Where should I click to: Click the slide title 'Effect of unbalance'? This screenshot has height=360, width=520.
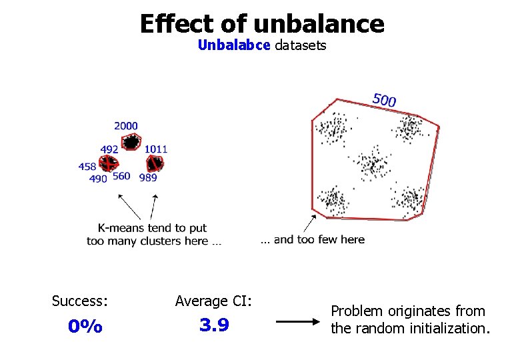pyautogui.click(x=262, y=24)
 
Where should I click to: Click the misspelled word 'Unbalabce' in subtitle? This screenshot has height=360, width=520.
pyautogui.click(x=233, y=45)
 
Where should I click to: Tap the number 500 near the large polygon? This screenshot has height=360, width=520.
pyautogui.click(x=385, y=100)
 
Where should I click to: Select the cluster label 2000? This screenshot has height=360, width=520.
pyautogui.click(x=125, y=125)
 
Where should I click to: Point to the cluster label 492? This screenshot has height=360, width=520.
pyautogui.click(x=109, y=149)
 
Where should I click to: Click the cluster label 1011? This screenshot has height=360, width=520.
pyautogui.click(x=156, y=149)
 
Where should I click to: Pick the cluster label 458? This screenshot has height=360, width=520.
pyautogui.click(x=87, y=167)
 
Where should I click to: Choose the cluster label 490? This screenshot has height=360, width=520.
pyautogui.click(x=98, y=178)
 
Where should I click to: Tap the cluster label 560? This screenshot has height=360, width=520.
pyautogui.click(x=121, y=176)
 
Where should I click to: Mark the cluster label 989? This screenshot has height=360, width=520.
pyautogui.click(x=148, y=177)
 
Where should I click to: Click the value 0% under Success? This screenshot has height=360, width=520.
pyautogui.click(x=85, y=327)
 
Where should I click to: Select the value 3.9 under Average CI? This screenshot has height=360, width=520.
pyautogui.click(x=214, y=325)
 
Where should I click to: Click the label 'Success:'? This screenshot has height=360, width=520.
pyautogui.click(x=80, y=301)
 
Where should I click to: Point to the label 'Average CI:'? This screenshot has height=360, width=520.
pyautogui.click(x=213, y=301)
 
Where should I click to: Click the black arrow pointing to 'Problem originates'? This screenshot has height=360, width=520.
pyautogui.click(x=298, y=321)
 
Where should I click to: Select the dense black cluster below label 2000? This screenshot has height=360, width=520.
pyautogui.click(x=132, y=141)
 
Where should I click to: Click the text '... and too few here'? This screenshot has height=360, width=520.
pyautogui.click(x=312, y=239)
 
